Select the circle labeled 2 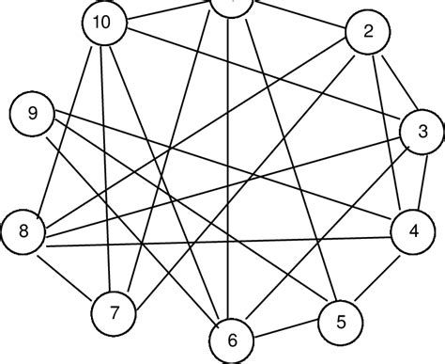pyautogui.click(x=368, y=32)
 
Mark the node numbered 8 pyautogui.click(x=23, y=230)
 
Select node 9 pyautogui.click(x=33, y=115)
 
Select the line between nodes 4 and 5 pyautogui.click(x=376, y=274)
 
